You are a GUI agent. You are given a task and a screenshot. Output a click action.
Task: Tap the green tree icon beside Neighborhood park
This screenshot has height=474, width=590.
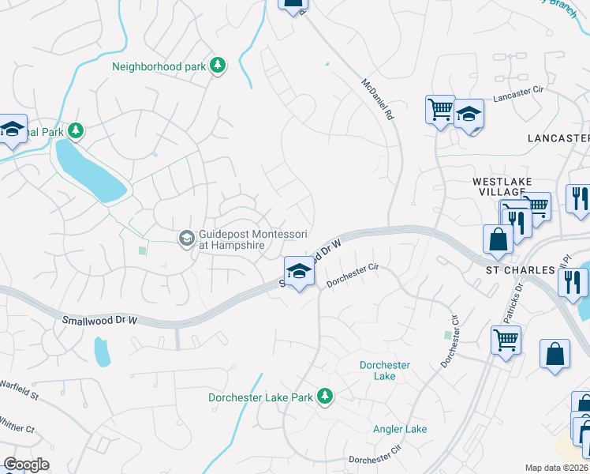[218, 66]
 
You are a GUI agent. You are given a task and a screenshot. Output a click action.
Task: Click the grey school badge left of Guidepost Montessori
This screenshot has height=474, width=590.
[186, 238]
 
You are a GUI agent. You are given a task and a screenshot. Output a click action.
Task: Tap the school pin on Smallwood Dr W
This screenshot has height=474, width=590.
[299, 273]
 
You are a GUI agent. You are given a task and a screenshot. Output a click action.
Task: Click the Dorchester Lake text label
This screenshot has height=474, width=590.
[384, 371]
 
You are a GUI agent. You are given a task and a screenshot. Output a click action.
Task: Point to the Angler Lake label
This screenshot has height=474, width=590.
[400, 429]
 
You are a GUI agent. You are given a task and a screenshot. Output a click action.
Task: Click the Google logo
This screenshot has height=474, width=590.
[26, 465]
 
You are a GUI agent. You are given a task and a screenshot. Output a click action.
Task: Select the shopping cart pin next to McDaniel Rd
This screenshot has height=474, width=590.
[439, 109]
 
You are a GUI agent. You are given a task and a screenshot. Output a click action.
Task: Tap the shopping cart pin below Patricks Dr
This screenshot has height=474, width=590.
[506, 341]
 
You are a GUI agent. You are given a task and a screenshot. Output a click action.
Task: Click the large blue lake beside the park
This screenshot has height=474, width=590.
[91, 170]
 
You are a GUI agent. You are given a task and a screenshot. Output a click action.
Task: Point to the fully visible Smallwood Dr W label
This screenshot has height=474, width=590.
[99, 320]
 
